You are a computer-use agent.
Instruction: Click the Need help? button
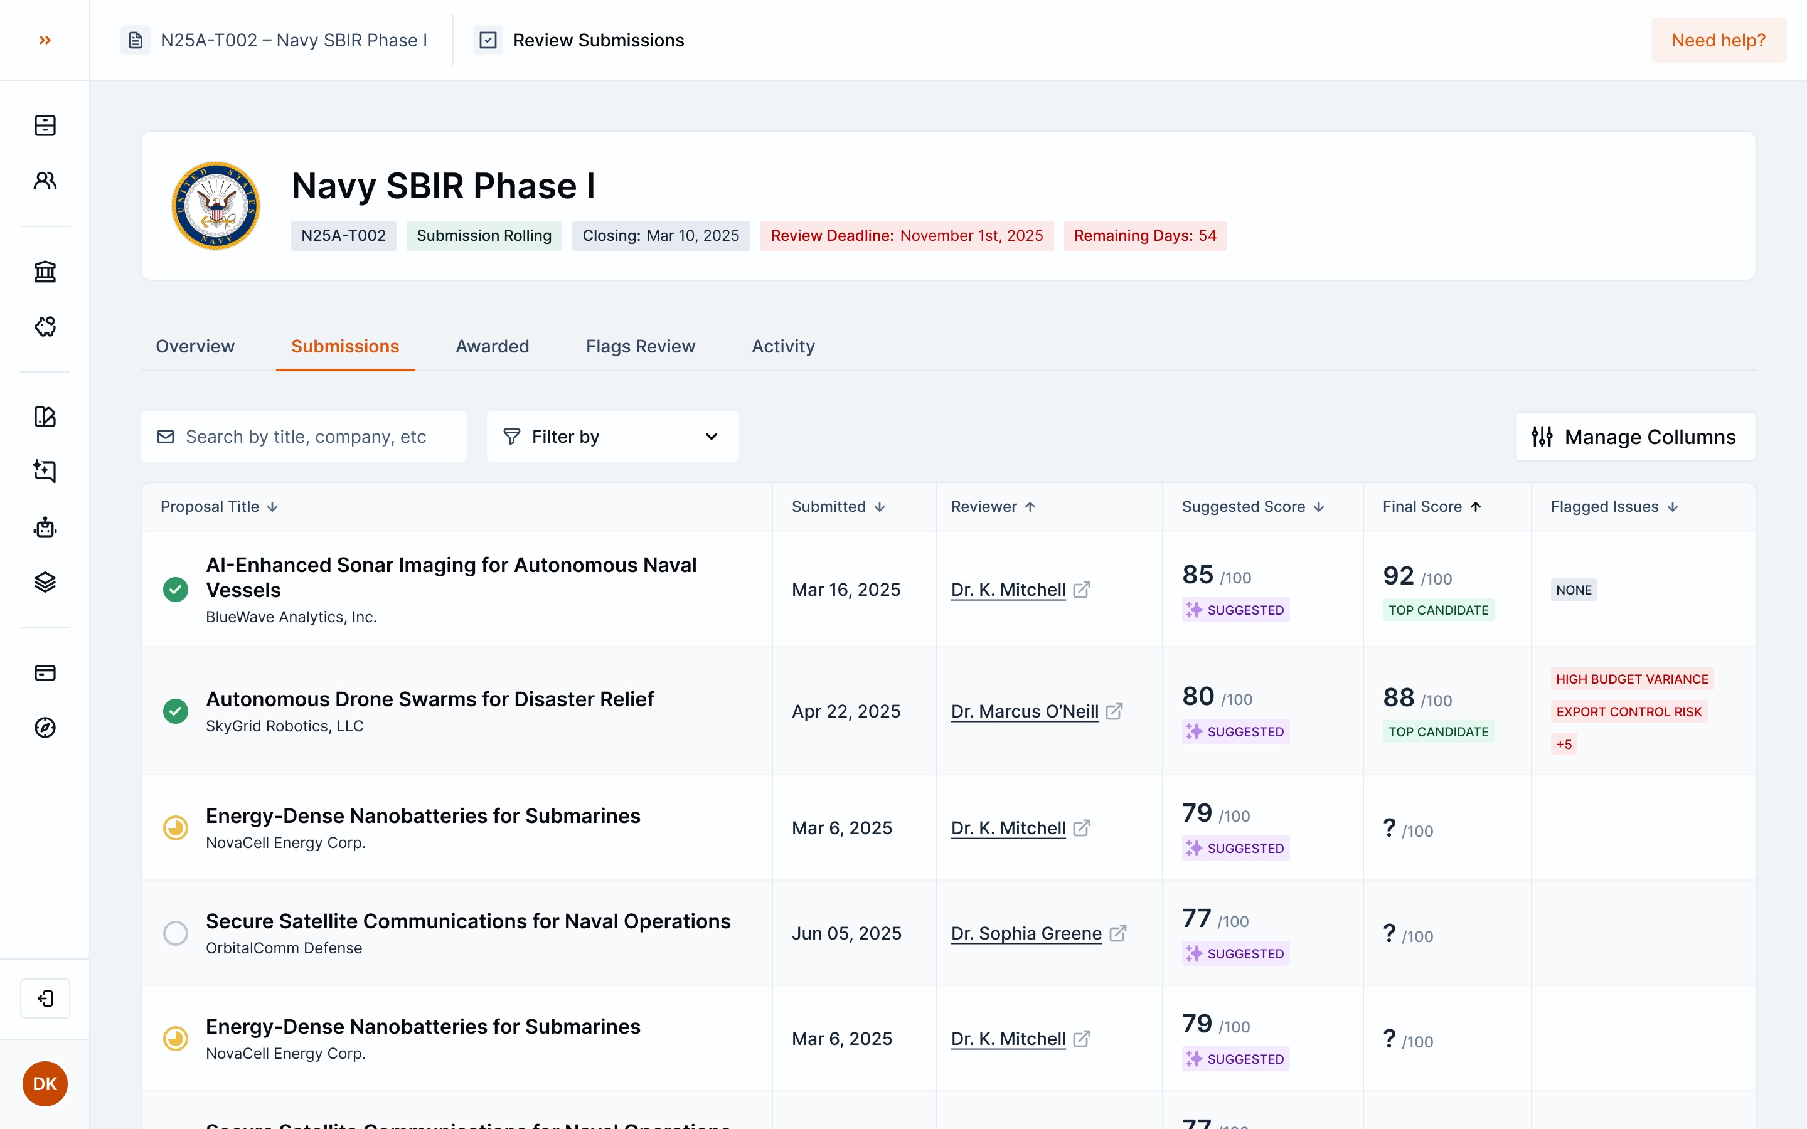coord(1717,40)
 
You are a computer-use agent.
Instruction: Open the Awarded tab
coord(492,346)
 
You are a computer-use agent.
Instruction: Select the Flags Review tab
coord(640,346)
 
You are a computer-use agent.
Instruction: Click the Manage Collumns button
coord(1634,437)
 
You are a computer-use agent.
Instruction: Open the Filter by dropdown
coord(612,437)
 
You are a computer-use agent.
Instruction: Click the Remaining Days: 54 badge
coord(1144,236)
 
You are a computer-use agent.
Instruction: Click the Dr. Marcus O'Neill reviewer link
coord(1025,712)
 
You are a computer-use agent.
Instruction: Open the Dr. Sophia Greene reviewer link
coord(1026,933)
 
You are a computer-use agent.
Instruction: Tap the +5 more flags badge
coord(1564,745)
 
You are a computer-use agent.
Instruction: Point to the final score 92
coord(1398,576)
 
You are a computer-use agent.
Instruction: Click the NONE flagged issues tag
coord(1574,590)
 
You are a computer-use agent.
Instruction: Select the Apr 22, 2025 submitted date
coord(846,712)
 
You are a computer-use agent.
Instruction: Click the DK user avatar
coord(45,1083)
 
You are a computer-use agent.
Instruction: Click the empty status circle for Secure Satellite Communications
coord(176,933)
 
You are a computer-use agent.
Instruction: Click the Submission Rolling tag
coord(484,236)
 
